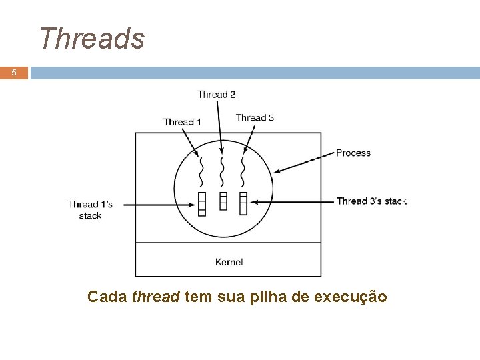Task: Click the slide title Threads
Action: (x=91, y=38)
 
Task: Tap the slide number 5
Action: (x=14, y=73)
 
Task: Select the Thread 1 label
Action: (x=183, y=121)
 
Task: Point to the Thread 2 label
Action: (x=216, y=95)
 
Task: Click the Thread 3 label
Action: (x=255, y=118)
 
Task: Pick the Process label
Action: (x=353, y=153)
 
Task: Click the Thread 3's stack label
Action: (x=371, y=201)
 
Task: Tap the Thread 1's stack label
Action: (x=90, y=209)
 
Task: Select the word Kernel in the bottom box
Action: (x=229, y=262)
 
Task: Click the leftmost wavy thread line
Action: (x=201, y=172)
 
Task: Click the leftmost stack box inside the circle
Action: (x=202, y=203)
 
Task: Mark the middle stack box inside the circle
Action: (x=223, y=200)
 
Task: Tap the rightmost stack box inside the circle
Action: (x=243, y=203)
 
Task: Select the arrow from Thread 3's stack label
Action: (x=293, y=201)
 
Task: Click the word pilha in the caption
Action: (x=269, y=297)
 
